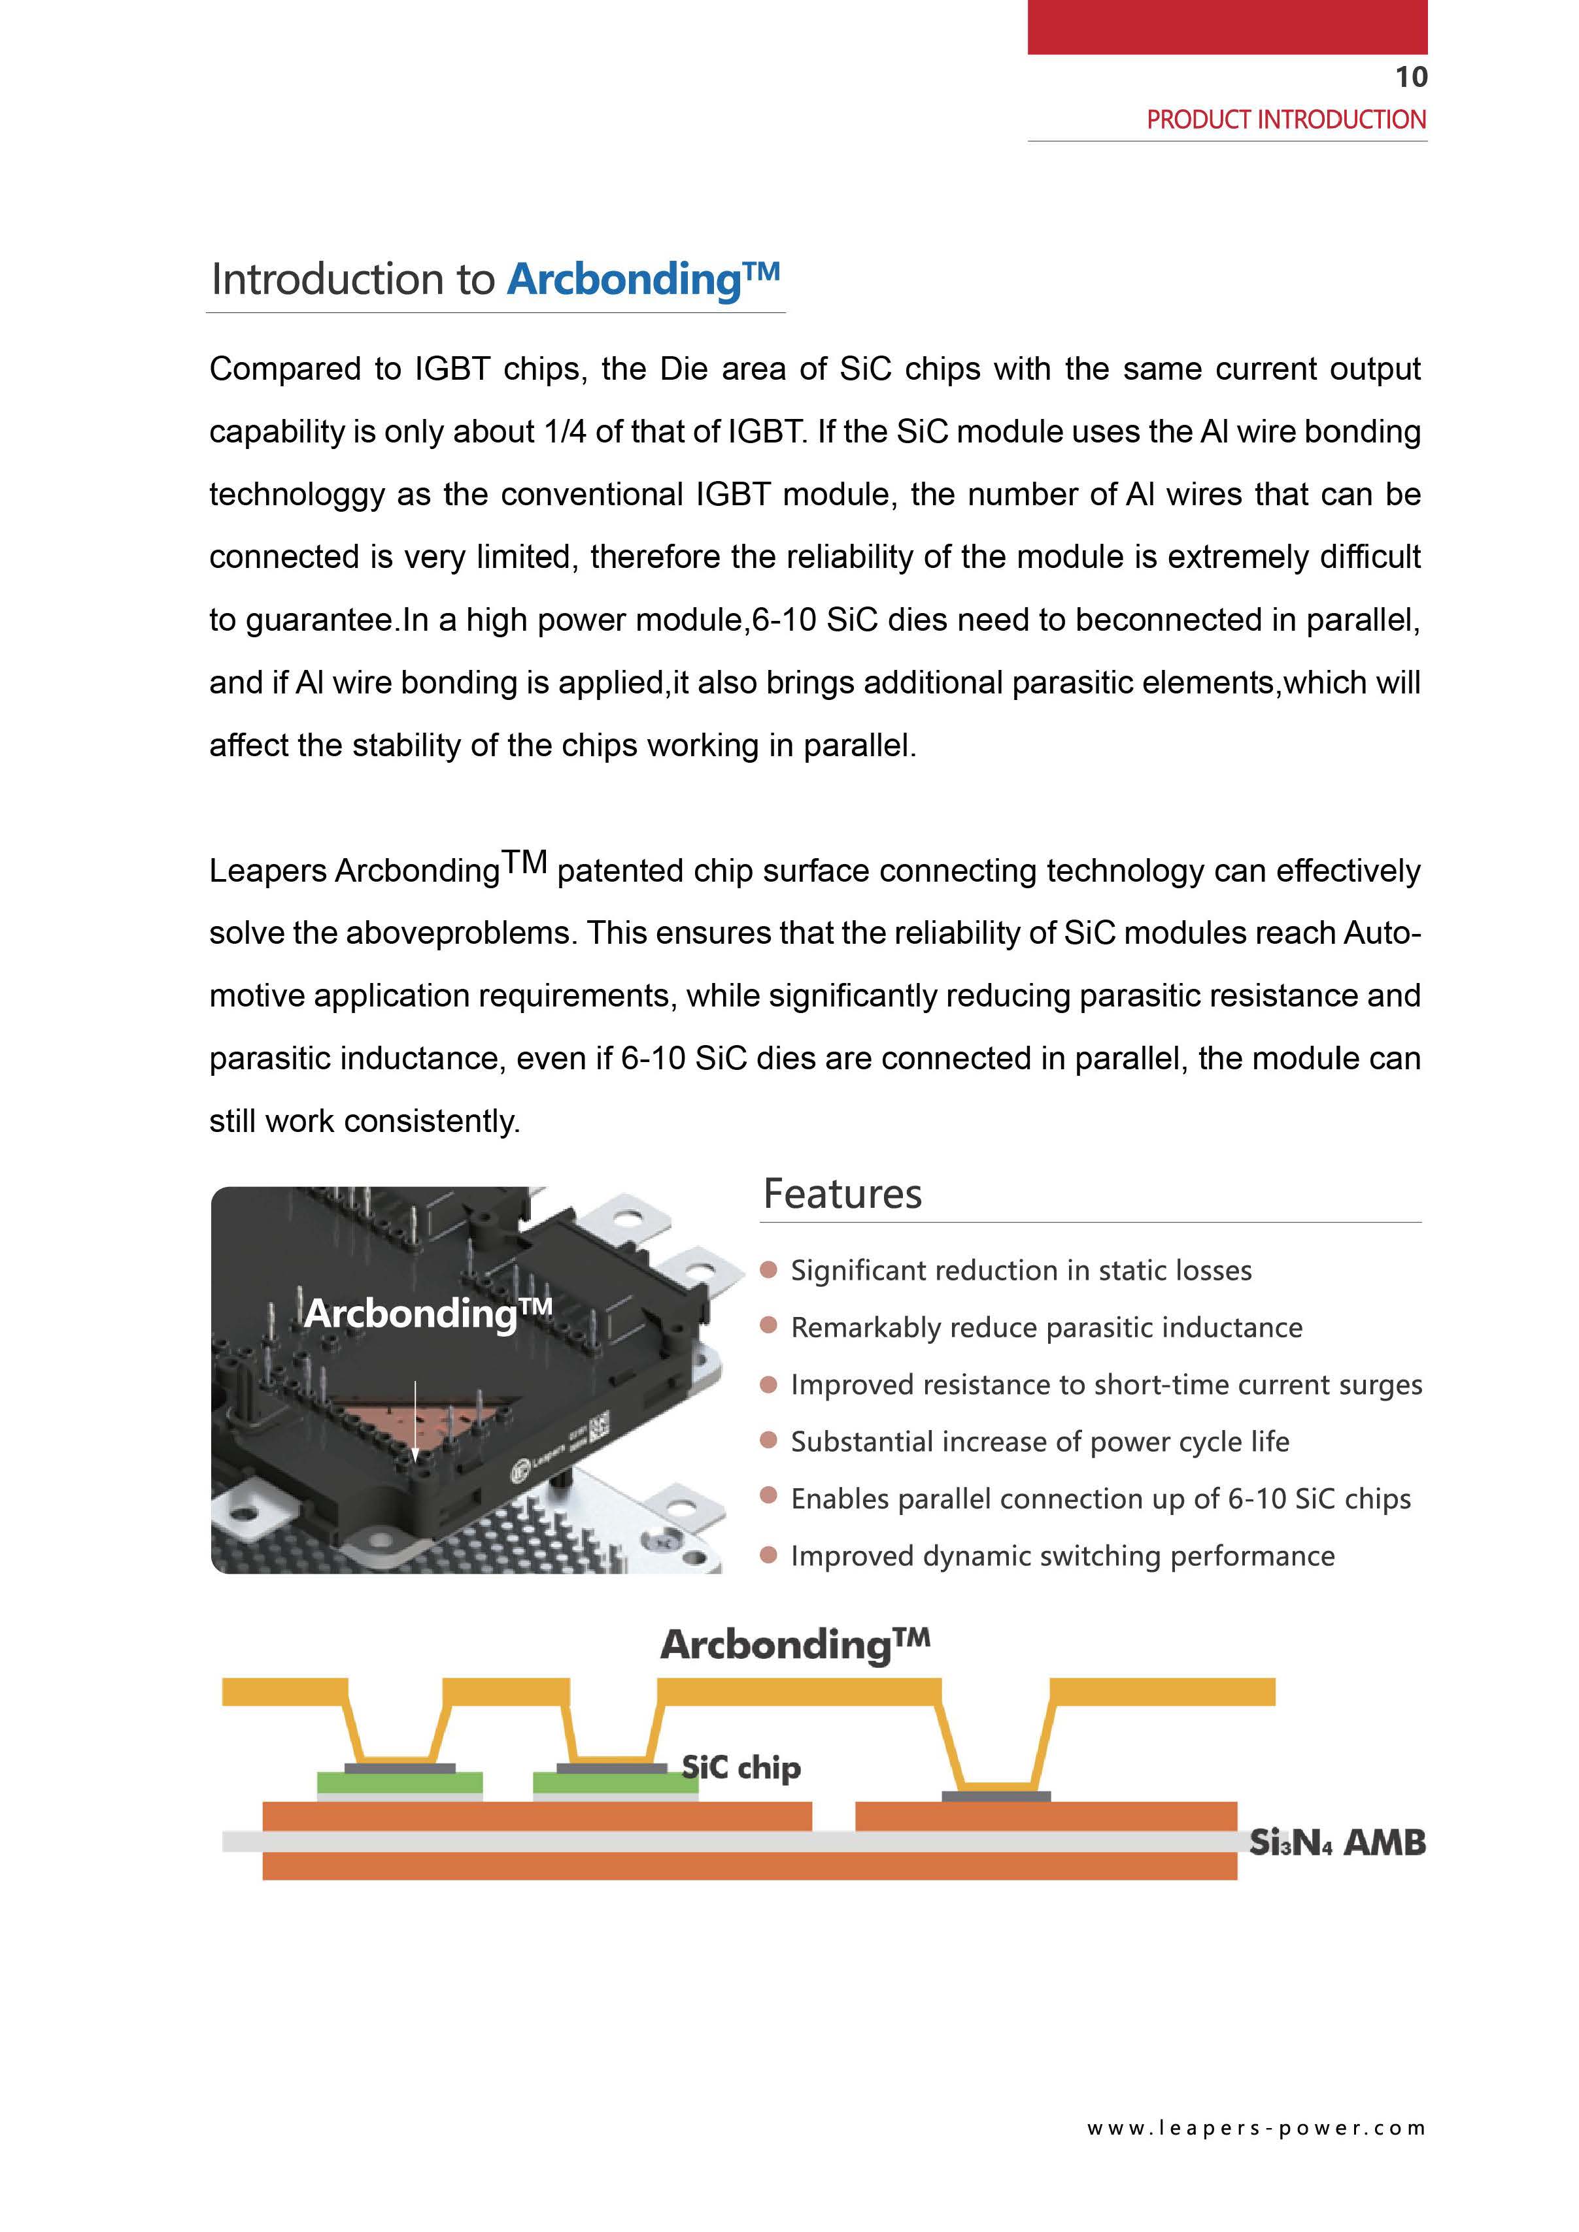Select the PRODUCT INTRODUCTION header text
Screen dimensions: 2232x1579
[1285, 120]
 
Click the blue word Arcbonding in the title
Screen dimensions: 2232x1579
[624, 279]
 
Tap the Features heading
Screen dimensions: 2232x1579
[842, 1193]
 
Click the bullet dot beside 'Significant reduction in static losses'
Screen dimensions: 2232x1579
[768, 1270]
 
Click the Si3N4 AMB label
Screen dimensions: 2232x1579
[1337, 1842]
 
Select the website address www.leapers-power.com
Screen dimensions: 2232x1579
[1256, 2128]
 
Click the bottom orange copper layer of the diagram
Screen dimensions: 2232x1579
[749, 1865]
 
